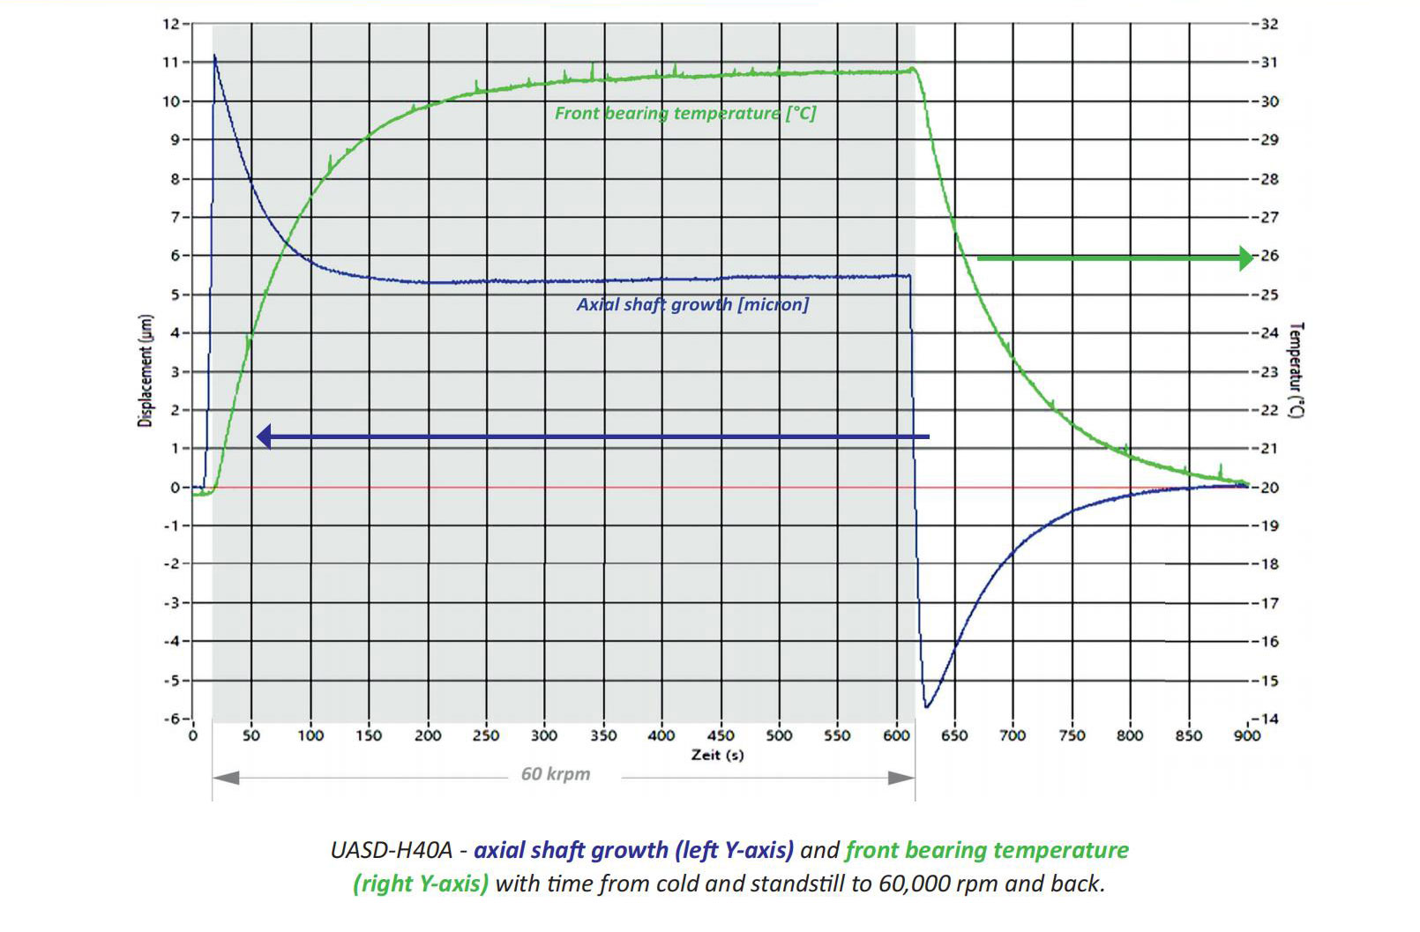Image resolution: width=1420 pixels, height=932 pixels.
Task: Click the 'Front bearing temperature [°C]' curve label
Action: (x=685, y=114)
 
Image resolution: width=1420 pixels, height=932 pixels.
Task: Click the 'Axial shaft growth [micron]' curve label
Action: (x=692, y=305)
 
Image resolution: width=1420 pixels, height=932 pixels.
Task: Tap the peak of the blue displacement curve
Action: (x=214, y=56)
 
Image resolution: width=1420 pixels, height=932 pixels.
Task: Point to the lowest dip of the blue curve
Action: (x=927, y=706)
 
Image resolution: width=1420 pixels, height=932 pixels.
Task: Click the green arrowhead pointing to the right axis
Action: (x=1245, y=258)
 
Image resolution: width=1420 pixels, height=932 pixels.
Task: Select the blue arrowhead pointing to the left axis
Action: (x=264, y=436)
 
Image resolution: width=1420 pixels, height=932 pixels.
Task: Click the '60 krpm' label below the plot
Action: (x=556, y=774)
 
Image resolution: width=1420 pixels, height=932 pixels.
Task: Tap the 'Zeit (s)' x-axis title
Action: (x=717, y=755)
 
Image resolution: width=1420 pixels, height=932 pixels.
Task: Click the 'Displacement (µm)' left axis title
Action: (x=146, y=371)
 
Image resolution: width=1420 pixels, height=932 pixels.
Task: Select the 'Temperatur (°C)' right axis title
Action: (x=1295, y=369)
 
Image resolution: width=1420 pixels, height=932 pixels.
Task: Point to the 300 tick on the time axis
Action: (x=544, y=735)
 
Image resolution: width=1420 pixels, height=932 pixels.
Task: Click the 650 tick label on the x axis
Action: (x=954, y=735)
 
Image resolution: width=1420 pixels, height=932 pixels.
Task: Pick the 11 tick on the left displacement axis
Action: (x=170, y=63)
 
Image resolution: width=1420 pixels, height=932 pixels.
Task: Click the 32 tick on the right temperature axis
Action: (x=1269, y=24)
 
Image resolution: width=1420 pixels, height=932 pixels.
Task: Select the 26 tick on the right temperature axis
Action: (x=1269, y=256)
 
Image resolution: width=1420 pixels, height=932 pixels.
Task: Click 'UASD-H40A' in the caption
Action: (x=391, y=850)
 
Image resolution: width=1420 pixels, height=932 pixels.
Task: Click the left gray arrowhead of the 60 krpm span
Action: (x=226, y=778)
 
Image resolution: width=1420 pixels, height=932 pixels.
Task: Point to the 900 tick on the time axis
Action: (x=1246, y=735)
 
